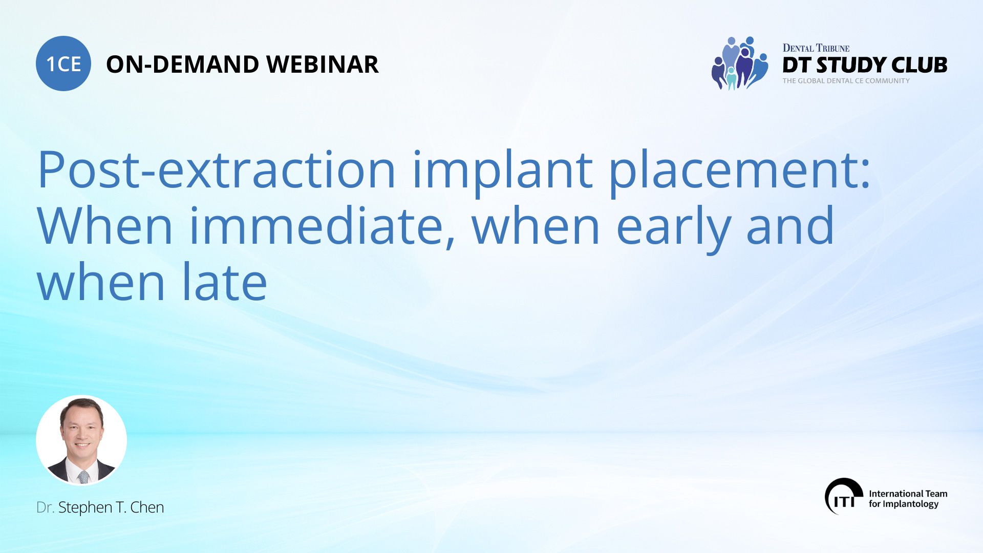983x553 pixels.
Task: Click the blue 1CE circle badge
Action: click(x=63, y=63)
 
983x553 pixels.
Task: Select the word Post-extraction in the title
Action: click(x=217, y=169)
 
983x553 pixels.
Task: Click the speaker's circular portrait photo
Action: click(x=81, y=440)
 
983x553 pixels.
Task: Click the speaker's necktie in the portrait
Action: click(x=83, y=477)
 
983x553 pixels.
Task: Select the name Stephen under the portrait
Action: click(x=86, y=507)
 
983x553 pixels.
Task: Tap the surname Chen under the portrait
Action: click(x=147, y=507)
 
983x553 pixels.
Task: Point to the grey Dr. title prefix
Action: click(x=45, y=507)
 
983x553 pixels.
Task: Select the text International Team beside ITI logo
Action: click(x=908, y=494)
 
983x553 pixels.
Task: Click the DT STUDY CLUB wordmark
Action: click(x=865, y=65)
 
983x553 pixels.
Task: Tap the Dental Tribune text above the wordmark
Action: click(x=816, y=48)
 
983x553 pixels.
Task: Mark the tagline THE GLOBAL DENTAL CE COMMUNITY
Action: click(x=846, y=81)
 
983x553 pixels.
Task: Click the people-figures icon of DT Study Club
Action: click(x=739, y=63)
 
